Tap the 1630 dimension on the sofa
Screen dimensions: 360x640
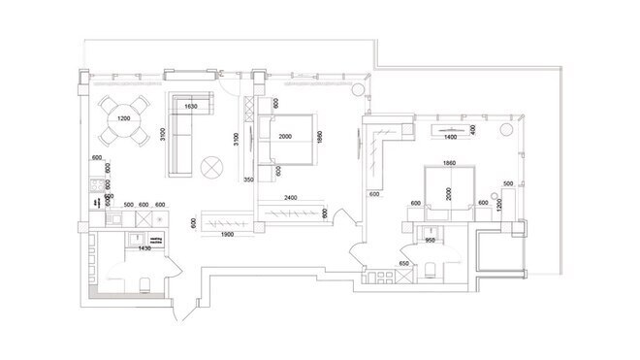(x=190, y=106)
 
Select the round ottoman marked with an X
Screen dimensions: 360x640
(x=210, y=169)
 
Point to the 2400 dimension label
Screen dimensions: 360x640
(x=284, y=198)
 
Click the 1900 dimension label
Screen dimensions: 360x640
(x=230, y=236)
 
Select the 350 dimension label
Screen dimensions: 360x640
(x=248, y=180)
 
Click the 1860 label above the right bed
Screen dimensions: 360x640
(x=448, y=163)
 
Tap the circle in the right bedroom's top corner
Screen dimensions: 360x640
(x=505, y=129)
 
